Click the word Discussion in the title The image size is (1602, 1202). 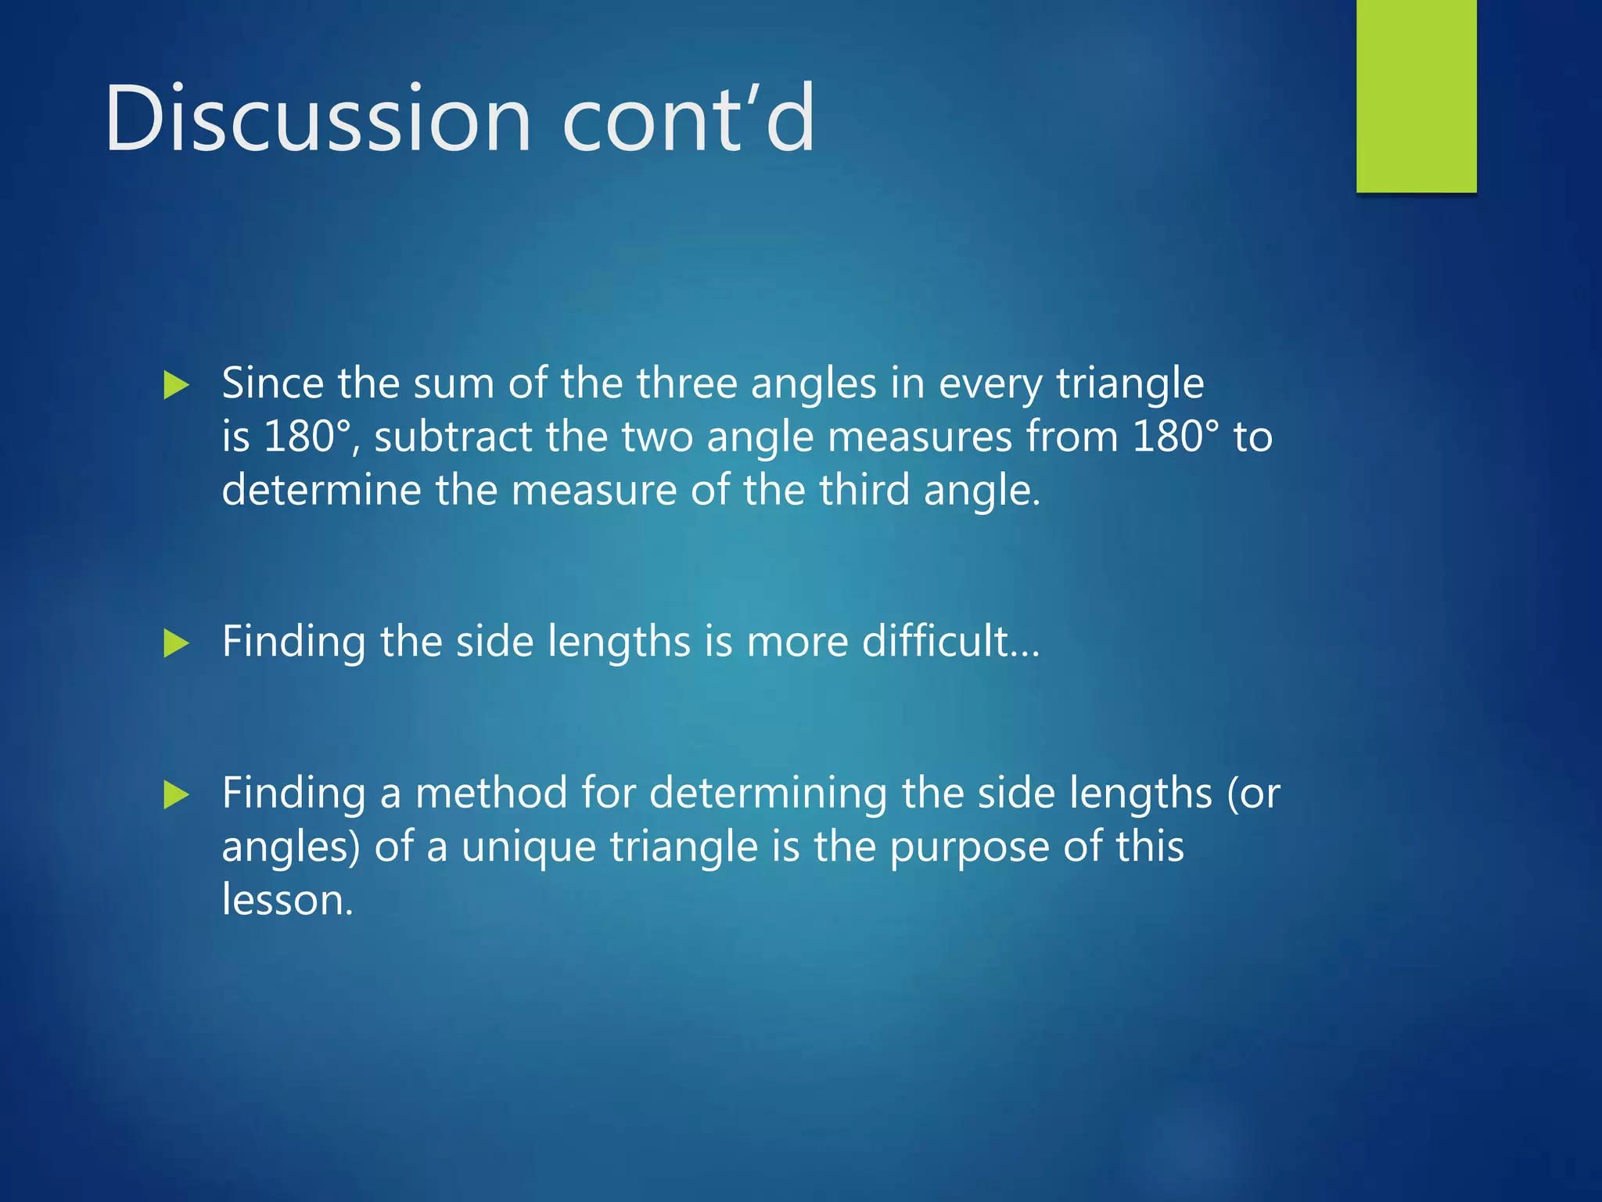(318, 119)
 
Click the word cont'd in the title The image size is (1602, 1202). (688, 119)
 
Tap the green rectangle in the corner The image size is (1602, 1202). (1416, 95)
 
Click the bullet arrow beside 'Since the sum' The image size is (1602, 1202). (177, 385)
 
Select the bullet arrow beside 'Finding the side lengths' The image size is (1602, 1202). (177, 644)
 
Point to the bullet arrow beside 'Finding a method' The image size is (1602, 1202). (177, 795)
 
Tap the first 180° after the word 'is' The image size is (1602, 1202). (307, 437)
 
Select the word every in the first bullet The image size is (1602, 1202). (990, 385)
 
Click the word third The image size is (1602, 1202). (864, 490)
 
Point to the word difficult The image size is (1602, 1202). (935, 641)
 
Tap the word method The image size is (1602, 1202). (491, 793)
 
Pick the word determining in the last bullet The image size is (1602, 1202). (768, 793)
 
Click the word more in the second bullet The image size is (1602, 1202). (797, 641)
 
